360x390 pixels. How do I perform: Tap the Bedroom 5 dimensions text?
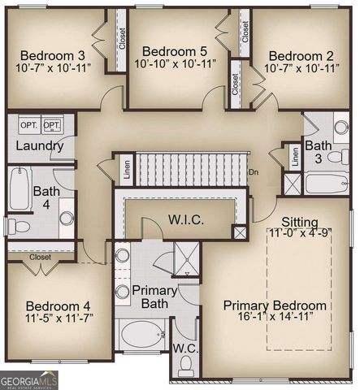tap(175, 63)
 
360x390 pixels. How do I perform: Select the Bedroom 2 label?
tap(301, 55)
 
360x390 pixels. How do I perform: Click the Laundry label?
tap(39, 146)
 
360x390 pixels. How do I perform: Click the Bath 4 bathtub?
tap(20, 189)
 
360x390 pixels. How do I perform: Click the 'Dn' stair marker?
tap(254, 172)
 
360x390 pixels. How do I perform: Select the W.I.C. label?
tap(185, 219)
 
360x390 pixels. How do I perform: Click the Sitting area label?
tap(301, 222)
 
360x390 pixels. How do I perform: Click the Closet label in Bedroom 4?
tap(41, 257)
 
